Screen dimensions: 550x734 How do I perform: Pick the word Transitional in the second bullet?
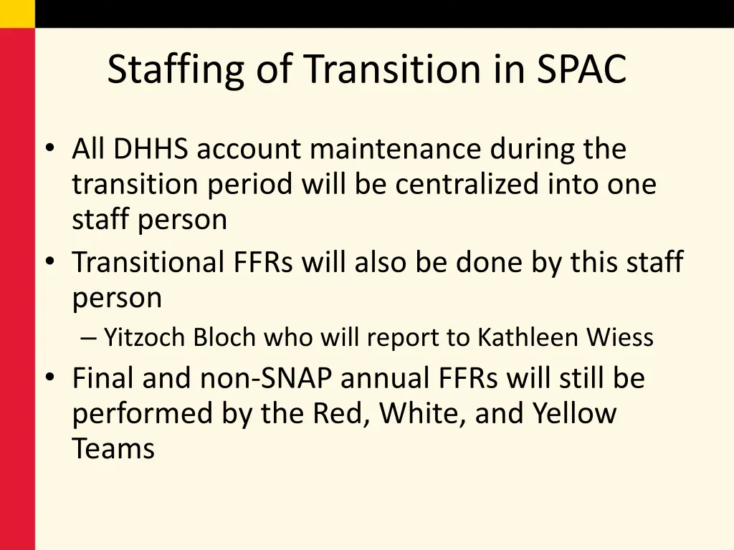coord(147,263)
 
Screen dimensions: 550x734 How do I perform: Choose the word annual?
coord(383,379)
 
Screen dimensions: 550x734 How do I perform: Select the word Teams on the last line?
coord(113,449)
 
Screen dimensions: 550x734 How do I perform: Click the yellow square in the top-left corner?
coord(17,14)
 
